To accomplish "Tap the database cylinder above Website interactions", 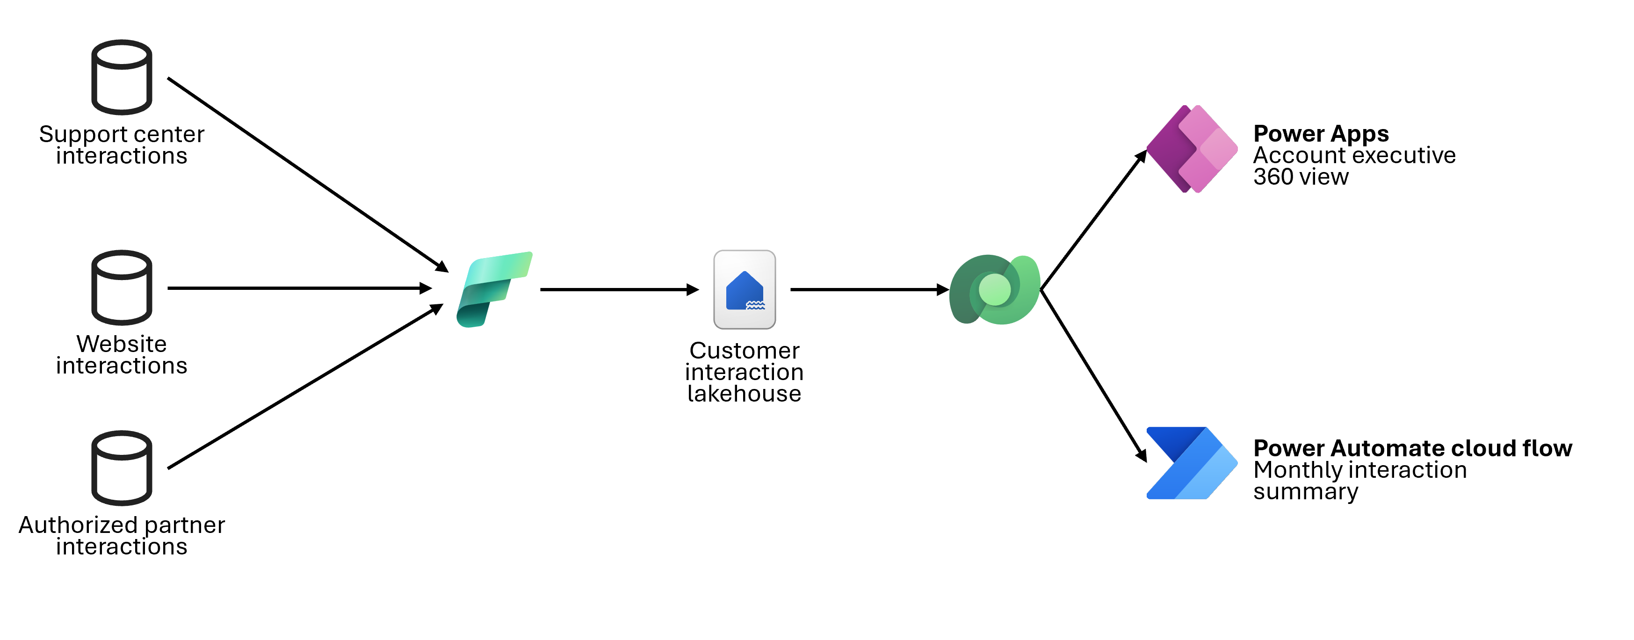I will [x=122, y=288].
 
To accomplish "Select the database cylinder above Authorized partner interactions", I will [x=122, y=468].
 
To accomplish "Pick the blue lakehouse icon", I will [x=744, y=290].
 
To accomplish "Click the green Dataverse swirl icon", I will [x=994, y=290].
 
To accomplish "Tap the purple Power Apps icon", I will [x=1191, y=149].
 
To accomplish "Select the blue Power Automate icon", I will [x=1191, y=463].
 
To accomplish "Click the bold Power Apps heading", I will [x=1321, y=134].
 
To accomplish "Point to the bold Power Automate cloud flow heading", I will [x=1412, y=448].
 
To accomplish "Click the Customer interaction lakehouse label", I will [x=744, y=372].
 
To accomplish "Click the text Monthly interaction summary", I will [x=1359, y=481].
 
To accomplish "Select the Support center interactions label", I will [x=122, y=144].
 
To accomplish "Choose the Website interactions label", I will [x=122, y=354].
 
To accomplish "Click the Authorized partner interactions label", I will [x=123, y=535].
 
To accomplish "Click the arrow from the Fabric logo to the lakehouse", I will [x=618, y=290].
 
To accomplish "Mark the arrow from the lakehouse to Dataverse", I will [x=869, y=290].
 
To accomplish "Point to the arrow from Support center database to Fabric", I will [x=308, y=174].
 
